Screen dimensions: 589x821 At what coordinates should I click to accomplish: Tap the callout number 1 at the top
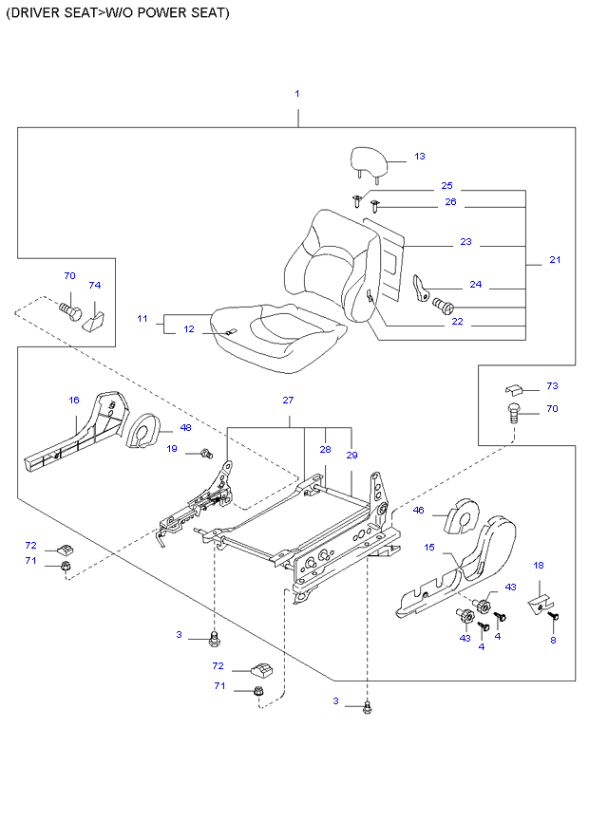[297, 94]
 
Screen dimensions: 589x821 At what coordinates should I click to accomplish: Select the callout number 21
[555, 259]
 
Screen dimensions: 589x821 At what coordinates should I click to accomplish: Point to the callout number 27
[288, 400]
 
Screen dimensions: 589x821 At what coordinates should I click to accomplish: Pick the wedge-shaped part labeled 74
[94, 317]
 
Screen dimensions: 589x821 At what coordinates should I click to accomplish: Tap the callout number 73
[552, 386]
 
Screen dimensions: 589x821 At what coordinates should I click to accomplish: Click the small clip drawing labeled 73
[514, 389]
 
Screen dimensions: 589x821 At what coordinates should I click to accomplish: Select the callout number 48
[185, 428]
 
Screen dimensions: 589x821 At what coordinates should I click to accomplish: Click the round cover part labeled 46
[464, 515]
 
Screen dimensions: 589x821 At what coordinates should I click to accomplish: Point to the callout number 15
[429, 547]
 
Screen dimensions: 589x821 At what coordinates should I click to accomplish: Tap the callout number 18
[539, 566]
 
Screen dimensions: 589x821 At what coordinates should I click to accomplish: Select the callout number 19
[172, 449]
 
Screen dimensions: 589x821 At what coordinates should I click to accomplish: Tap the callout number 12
[189, 328]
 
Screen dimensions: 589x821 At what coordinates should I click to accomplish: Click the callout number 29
[351, 455]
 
